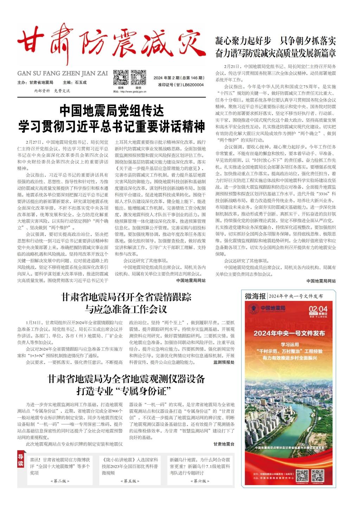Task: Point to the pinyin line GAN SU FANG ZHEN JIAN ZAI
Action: tap(63, 73)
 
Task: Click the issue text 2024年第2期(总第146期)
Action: tap(179, 78)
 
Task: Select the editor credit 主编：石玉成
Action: tap(75, 83)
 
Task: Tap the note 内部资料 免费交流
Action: tap(52, 91)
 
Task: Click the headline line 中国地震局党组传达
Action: tap(111, 111)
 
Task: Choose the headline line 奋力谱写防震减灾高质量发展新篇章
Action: tap(275, 53)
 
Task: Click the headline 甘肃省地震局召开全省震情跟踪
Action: tap(126, 297)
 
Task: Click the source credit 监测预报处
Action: tap(224, 362)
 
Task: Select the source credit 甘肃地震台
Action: tap(224, 444)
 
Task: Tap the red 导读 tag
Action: tap(21, 461)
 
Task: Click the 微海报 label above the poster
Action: tap(255, 296)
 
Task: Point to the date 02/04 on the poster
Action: tap(318, 309)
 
